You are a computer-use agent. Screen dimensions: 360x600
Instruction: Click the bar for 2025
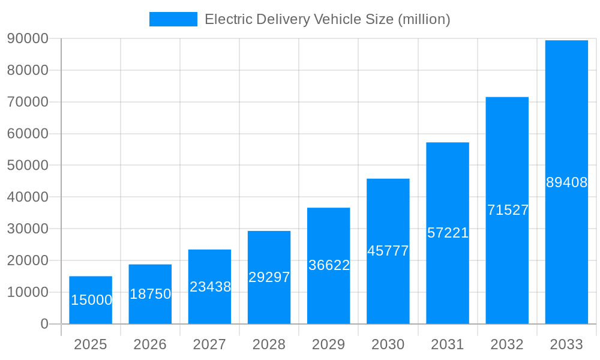point(91,300)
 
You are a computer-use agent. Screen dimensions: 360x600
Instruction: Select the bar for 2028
point(269,277)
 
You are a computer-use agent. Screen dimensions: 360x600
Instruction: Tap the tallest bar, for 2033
point(566,182)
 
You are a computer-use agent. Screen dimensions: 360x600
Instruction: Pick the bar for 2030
point(388,251)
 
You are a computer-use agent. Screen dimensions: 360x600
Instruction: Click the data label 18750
point(150,294)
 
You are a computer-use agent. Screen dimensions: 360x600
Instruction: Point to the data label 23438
point(210,287)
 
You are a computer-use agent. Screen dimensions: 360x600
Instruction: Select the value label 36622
point(329,265)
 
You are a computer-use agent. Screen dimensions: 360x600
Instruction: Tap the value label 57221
point(448,233)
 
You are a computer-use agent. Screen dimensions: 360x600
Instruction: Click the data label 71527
point(508,210)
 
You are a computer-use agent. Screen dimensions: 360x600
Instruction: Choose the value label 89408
point(566,182)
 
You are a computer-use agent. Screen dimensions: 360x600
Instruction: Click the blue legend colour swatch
point(173,19)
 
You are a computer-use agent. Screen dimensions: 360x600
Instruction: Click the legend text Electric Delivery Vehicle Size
point(327,19)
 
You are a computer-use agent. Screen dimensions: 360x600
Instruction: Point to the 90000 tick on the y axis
point(27,38)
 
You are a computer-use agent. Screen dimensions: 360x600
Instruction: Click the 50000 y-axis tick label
point(27,165)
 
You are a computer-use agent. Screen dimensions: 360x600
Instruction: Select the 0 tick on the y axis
point(44,324)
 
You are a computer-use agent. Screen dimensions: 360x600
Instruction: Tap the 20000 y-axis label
point(27,260)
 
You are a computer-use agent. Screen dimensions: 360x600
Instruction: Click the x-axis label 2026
point(150,344)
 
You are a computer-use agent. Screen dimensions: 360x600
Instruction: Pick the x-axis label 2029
point(329,344)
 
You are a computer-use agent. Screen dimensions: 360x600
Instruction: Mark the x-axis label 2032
point(507,344)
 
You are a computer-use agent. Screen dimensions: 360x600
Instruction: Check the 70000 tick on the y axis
point(27,102)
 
